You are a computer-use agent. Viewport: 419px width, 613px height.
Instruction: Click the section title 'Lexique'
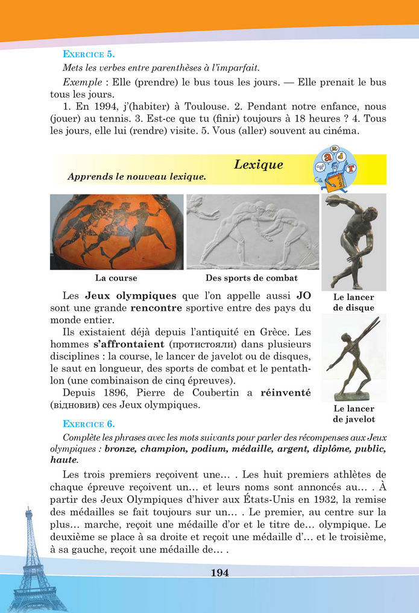(x=258, y=164)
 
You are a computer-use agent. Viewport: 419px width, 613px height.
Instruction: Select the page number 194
(x=219, y=573)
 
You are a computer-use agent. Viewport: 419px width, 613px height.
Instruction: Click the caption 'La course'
(x=116, y=278)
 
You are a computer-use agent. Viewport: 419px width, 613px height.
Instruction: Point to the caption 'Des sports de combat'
(x=251, y=278)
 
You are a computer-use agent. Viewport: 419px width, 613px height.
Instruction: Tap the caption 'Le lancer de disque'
(x=353, y=302)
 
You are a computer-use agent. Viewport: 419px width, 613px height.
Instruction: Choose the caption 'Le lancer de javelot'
(x=353, y=414)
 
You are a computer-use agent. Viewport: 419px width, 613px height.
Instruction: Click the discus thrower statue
(x=354, y=241)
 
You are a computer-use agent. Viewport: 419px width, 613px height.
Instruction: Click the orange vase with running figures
(x=116, y=231)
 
